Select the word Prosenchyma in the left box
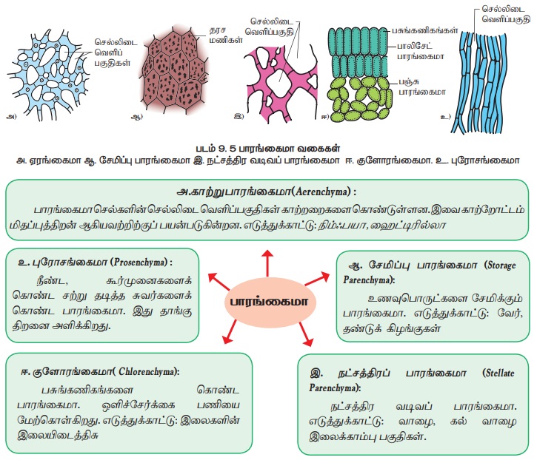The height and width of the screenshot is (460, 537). click(140, 263)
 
